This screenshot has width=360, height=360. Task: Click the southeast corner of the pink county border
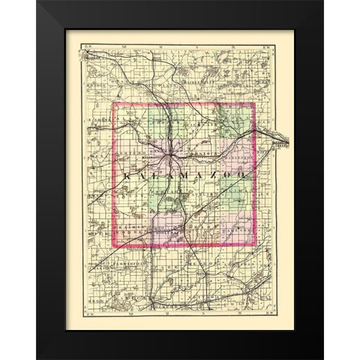coord(256,244)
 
